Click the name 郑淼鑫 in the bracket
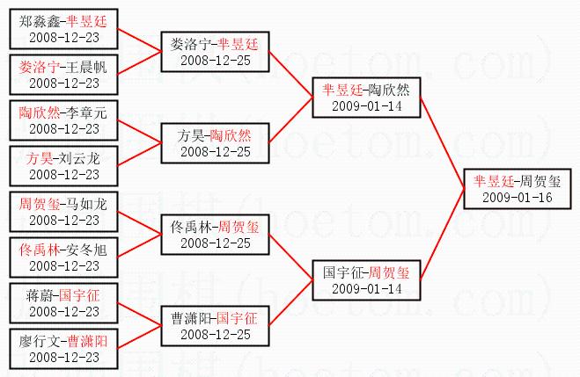pyautogui.click(x=40, y=21)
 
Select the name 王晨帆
pyautogui.click(x=87, y=67)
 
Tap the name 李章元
pyautogui.click(x=87, y=112)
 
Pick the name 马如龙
pyautogui.click(x=87, y=204)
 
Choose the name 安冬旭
pyautogui.click(x=87, y=250)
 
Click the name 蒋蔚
pyautogui.click(x=40, y=296)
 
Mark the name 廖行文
pyautogui.click(x=40, y=342)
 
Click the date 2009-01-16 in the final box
pyautogui.click(x=518, y=198)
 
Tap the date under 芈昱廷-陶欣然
pyautogui.click(x=366, y=106)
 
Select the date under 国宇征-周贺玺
pyautogui.click(x=366, y=289)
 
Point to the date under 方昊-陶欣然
pyautogui.click(x=216, y=152)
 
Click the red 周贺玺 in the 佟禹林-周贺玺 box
pyautogui.click(x=239, y=227)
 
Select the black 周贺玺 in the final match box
pyautogui.click(x=540, y=181)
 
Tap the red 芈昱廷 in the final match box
pyautogui.click(x=493, y=181)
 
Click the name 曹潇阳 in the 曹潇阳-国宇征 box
pyautogui.click(x=191, y=319)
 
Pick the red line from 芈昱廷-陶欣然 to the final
pyautogui.click(x=443, y=143)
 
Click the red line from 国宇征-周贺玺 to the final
pyautogui.click(x=443, y=235)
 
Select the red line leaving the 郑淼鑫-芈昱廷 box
pyautogui.click(x=139, y=40)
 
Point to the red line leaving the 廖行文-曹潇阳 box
pyautogui.click(x=139, y=337)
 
